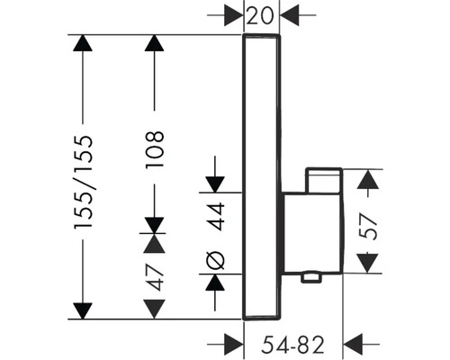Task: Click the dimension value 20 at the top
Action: pos(262,15)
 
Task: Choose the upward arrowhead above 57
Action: pos(366,180)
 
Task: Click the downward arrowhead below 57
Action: pos(366,265)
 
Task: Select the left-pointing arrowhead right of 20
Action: pos(291,15)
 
